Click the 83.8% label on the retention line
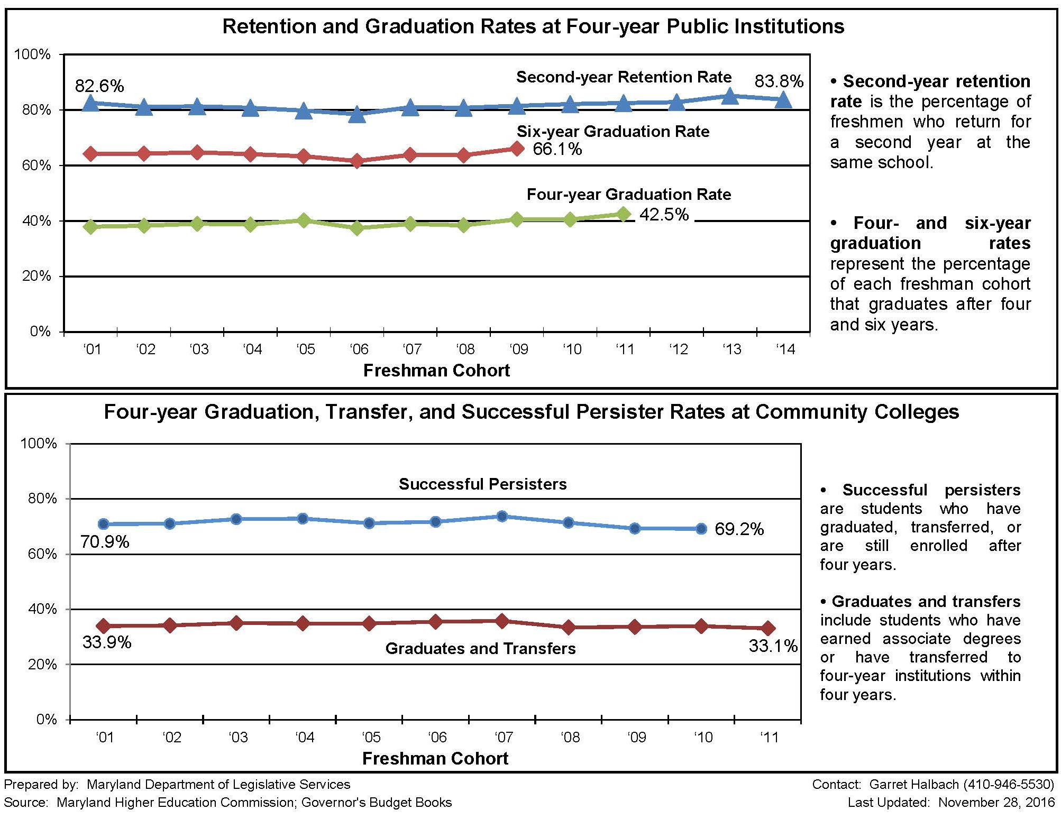pyautogui.click(x=779, y=81)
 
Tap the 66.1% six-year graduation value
pyautogui.click(x=557, y=149)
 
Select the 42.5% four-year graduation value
pyautogui.click(x=664, y=215)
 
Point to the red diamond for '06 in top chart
pyautogui.click(x=357, y=161)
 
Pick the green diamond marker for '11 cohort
pyautogui.click(x=624, y=214)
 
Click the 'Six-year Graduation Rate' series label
pyautogui.click(x=612, y=132)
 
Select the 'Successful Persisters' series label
pyautogui.click(x=482, y=484)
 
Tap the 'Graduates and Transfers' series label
pyautogui.click(x=480, y=649)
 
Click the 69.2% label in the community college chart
pyautogui.click(x=739, y=529)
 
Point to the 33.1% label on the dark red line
pyautogui.click(x=773, y=646)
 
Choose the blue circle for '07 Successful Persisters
pyautogui.click(x=502, y=516)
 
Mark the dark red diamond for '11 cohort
pyautogui.click(x=768, y=629)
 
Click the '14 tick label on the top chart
pyautogui.click(x=785, y=349)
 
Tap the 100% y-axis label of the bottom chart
pyautogui.click(x=38, y=444)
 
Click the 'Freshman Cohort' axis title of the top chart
pyautogui.click(x=436, y=371)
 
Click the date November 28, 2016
pyautogui.click(x=996, y=803)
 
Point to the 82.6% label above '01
pyautogui.click(x=99, y=86)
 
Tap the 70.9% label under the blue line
pyautogui.click(x=105, y=542)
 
